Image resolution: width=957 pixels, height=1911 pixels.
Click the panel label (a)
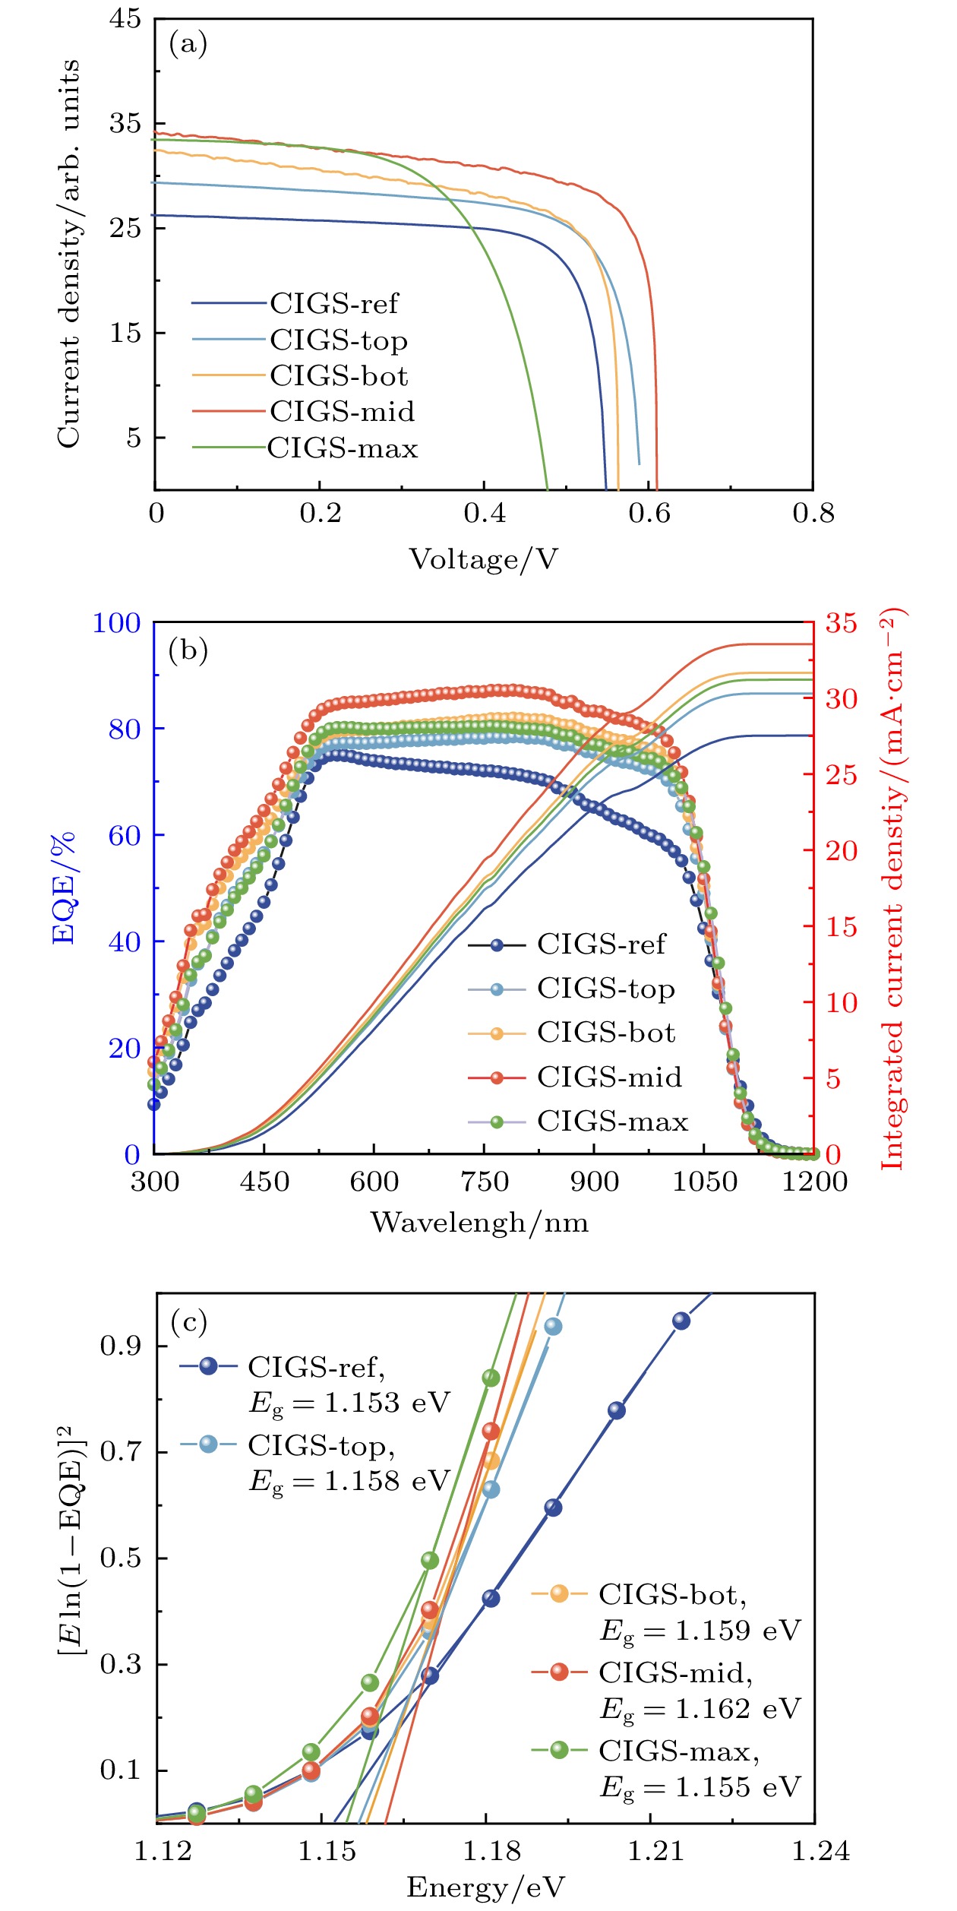[x=188, y=44]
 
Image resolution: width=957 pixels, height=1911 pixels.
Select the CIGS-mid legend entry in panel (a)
[x=342, y=411]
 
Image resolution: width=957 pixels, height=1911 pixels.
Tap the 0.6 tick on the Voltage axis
[x=649, y=514]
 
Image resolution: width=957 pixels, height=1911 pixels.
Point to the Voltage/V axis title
[x=484, y=559]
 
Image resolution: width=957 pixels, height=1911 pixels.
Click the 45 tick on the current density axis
[x=125, y=18]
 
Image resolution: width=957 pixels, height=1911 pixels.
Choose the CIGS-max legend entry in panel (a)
[x=342, y=448]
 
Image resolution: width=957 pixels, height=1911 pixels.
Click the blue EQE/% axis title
[x=65, y=887]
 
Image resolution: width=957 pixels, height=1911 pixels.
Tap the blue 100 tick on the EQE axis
[x=116, y=623]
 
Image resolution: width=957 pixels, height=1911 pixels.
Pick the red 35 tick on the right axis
[x=842, y=623]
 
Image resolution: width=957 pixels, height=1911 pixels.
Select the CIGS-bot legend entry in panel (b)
[x=605, y=1033]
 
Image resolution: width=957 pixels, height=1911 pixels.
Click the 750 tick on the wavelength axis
[x=485, y=1182]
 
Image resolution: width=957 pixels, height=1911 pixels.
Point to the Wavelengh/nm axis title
[x=479, y=1223]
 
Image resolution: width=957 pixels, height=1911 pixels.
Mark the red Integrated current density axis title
[x=892, y=888]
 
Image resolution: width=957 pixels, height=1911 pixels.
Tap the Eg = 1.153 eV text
[x=349, y=1402]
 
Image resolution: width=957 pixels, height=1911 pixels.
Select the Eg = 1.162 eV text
[x=700, y=1708]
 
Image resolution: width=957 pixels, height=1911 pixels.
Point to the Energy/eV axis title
[x=485, y=1887]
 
